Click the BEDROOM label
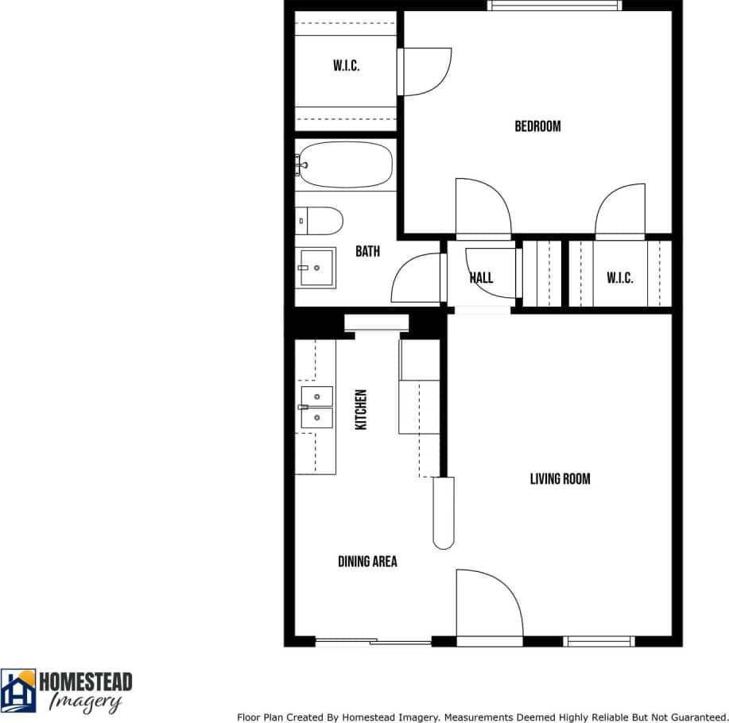537,126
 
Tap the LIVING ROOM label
560,479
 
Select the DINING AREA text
367,562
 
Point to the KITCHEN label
361,410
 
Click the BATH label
367,252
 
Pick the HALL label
481,277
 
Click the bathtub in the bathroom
346,164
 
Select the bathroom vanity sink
317,268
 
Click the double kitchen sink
317,407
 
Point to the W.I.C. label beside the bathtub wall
346,66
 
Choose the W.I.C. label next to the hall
620,277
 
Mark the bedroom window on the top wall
555,6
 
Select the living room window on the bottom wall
599,641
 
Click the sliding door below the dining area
373,641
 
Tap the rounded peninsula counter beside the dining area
443,512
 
